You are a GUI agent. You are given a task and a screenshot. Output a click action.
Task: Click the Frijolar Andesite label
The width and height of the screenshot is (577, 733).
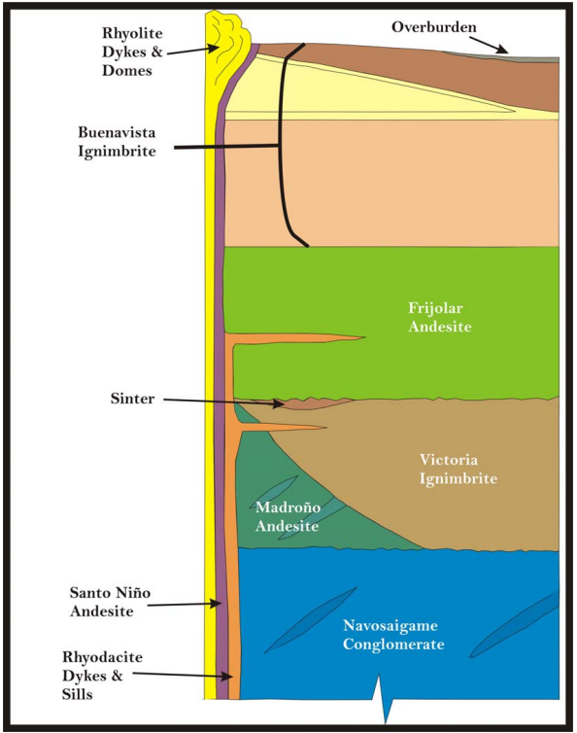[x=439, y=317]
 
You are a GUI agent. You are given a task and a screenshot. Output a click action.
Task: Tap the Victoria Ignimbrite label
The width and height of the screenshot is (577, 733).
[x=458, y=469]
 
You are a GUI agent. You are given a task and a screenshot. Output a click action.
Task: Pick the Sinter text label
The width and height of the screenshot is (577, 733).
[x=132, y=399]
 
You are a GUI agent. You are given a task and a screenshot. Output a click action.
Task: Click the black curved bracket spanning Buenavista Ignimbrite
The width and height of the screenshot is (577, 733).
[x=284, y=146]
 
